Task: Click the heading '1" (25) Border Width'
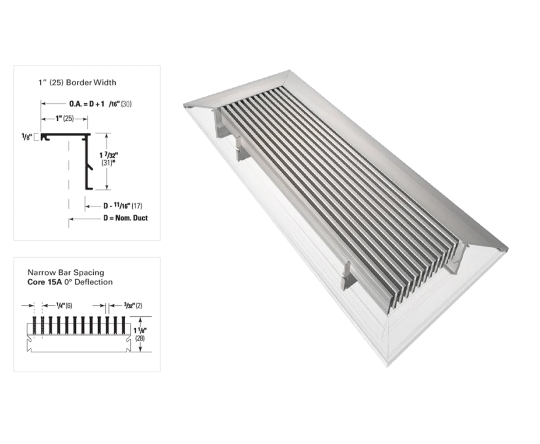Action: click(77, 82)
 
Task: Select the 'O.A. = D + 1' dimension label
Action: click(86, 104)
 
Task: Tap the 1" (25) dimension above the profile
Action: click(64, 119)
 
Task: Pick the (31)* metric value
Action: click(108, 163)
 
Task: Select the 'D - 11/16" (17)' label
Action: click(122, 206)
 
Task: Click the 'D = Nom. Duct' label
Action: click(125, 218)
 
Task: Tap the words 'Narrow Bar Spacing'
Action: click(66, 272)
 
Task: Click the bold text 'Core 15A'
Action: click(43, 282)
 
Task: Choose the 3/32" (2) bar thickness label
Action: click(133, 306)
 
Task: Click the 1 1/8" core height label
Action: click(140, 330)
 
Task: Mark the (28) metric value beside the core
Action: click(140, 338)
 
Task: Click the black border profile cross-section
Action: click(87, 162)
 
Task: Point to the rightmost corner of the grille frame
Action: click(507, 249)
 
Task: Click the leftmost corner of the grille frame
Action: click(184, 106)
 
